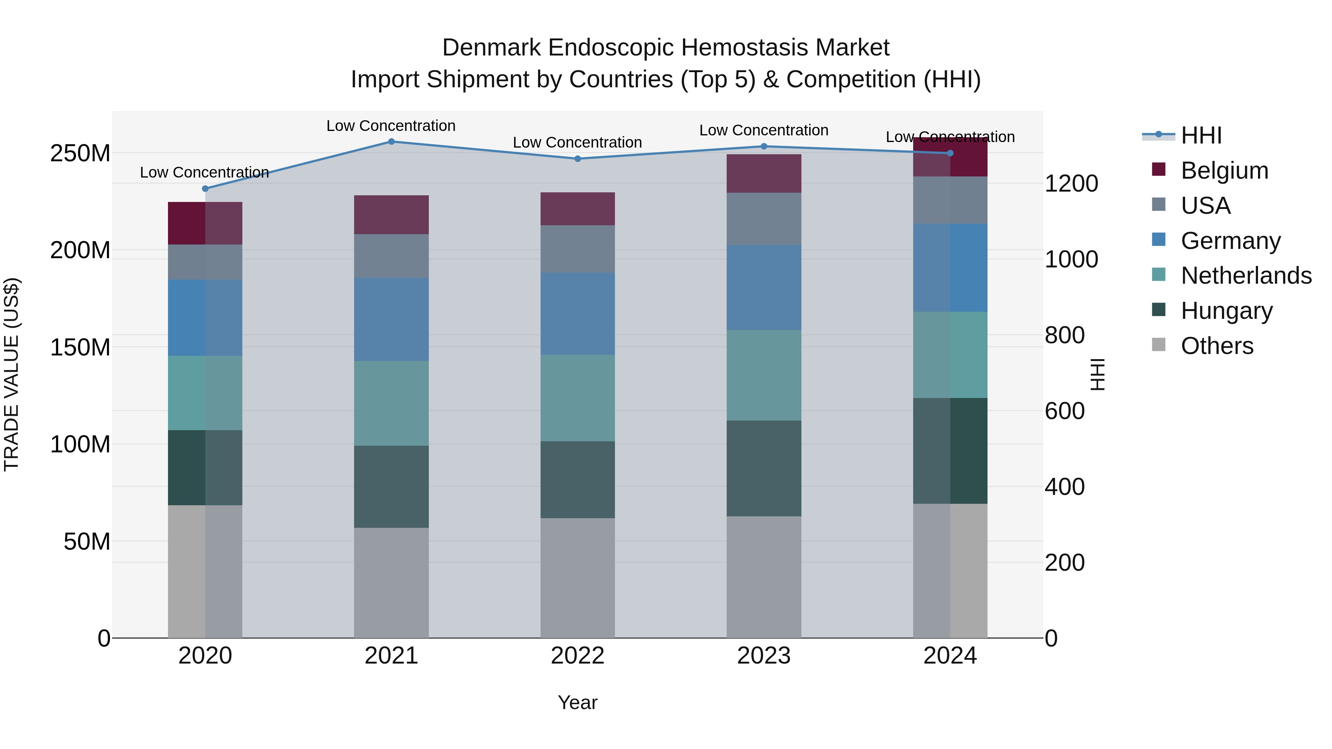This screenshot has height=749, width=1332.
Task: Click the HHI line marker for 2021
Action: (x=391, y=142)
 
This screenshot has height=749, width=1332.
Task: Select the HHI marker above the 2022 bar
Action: (x=578, y=159)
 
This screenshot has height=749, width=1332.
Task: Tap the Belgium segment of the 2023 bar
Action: (x=764, y=174)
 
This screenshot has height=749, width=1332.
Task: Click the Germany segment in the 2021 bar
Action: (x=391, y=320)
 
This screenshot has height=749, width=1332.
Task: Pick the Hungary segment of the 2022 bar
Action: (x=578, y=480)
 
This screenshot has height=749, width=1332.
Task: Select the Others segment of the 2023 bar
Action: (x=764, y=577)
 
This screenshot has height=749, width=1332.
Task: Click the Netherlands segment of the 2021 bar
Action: (x=391, y=403)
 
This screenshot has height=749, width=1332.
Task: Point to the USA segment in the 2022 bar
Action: (x=578, y=249)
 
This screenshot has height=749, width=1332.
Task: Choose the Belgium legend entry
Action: (x=1224, y=171)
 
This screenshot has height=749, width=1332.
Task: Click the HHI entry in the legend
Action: (x=1201, y=135)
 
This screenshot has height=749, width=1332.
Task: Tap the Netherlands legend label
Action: (x=1246, y=276)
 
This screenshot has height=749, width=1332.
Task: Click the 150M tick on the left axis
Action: (x=80, y=347)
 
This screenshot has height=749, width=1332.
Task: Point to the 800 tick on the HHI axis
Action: (x=1064, y=335)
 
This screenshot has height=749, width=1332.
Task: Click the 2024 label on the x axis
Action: (x=950, y=656)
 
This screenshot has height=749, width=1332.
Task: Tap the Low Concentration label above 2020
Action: (x=204, y=172)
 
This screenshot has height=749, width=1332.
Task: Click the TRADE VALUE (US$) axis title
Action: (x=11, y=374)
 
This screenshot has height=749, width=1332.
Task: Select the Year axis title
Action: (x=577, y=702)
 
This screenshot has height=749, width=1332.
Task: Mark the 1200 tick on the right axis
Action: (x=1071, y=183)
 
